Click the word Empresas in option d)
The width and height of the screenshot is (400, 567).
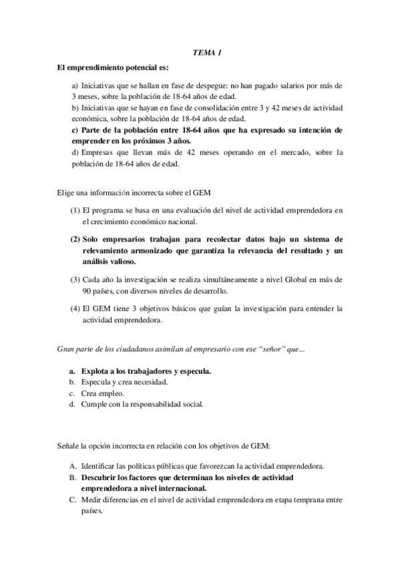tap(96, 152)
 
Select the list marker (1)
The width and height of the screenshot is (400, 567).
tap(75, 211)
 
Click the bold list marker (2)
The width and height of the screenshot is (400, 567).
tap(75, 238)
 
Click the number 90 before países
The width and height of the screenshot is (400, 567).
tap(87, 292)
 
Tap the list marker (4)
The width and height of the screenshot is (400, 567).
tap(75, 309)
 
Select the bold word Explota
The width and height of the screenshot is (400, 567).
tap(97, 370)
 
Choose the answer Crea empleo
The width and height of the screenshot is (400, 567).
tap(101, 393)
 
